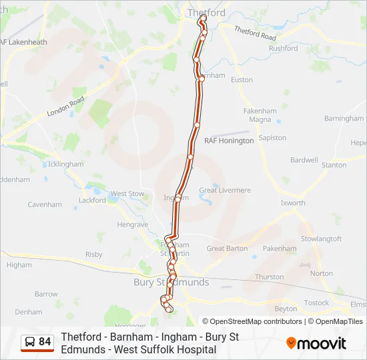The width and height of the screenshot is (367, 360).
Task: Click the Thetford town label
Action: click(x=206, y=13)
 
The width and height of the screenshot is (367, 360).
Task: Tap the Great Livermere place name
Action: click(x=225, y=191)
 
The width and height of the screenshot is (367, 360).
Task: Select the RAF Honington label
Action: click(x=229, y=141)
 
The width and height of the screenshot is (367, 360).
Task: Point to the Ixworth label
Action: click(x=293, y=203)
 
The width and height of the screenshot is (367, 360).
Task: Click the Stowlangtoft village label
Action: click(x=321, y=239)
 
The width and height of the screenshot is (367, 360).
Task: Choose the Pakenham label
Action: click(x=280, y=249)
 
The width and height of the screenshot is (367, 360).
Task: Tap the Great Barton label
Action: click(x=227, y=249)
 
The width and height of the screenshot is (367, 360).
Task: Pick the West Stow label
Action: click(x=127, y=194)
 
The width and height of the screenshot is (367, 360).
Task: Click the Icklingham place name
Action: click(x=66, y=164)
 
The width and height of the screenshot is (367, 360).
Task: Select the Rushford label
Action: click(x=283, y=49)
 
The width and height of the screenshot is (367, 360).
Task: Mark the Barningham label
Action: click(x=344, y=119)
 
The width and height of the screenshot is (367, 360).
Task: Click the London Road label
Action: click(x=65, y=107)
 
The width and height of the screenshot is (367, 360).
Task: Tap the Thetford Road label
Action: click(x=255, y=34)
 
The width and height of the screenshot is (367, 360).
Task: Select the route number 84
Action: click(x=45, y=342)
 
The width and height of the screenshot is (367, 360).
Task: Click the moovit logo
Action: click(x=316, y=343)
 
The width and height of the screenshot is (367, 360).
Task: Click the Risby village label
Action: click(x=94, y=255)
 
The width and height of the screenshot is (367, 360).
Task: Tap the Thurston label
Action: click(x=269, y=277)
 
